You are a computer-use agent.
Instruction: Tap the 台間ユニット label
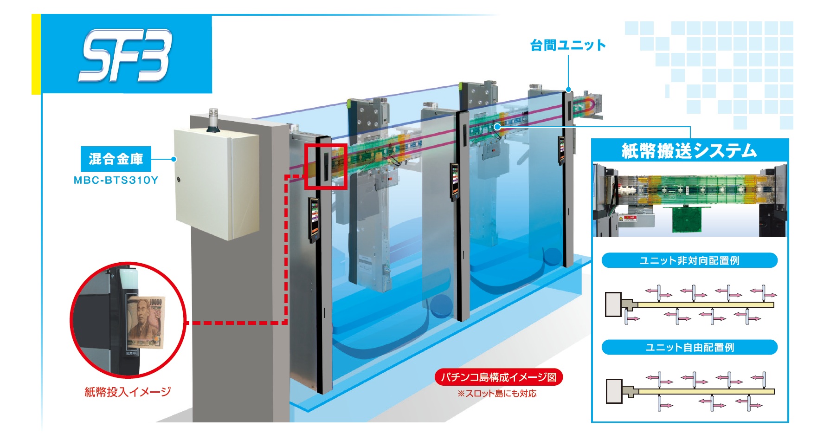568,45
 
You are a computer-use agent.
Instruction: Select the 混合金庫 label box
116,159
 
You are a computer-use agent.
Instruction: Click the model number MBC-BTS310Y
116,181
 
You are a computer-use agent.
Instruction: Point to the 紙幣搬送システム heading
689,151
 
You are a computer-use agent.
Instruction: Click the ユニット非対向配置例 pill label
689,260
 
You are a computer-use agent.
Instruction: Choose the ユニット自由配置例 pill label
689,347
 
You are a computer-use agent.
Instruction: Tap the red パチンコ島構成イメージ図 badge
499,376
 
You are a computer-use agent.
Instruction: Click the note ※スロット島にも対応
497,394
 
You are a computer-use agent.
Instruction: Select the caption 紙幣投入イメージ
128,392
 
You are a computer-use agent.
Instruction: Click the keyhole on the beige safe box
179,179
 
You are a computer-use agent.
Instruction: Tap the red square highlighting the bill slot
326,166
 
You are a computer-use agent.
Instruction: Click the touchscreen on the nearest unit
314,218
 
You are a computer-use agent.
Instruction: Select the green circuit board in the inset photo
690,219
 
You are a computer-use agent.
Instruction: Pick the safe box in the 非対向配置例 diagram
613,304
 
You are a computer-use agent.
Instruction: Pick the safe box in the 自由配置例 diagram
614,391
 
